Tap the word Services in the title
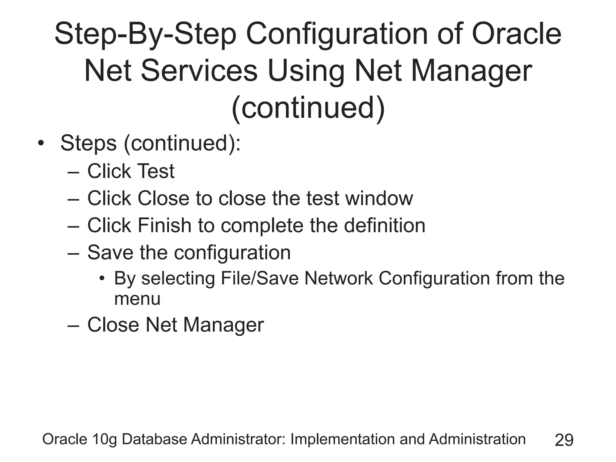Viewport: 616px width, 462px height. click(x=199, y=71)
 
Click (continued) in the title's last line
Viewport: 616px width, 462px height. click(x=308, y=108)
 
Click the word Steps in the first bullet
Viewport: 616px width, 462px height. click(x=88, y=143)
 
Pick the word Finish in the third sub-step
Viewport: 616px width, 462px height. click(x=164, y=225)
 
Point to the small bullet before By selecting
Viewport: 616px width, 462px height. click(x=102, y=279)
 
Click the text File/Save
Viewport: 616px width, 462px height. click(x=260, y=278)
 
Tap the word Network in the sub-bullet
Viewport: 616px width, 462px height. click(x=338, y=278)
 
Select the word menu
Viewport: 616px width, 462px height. click(x=137, y=299)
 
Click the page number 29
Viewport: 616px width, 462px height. click(x=564, y=440)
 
